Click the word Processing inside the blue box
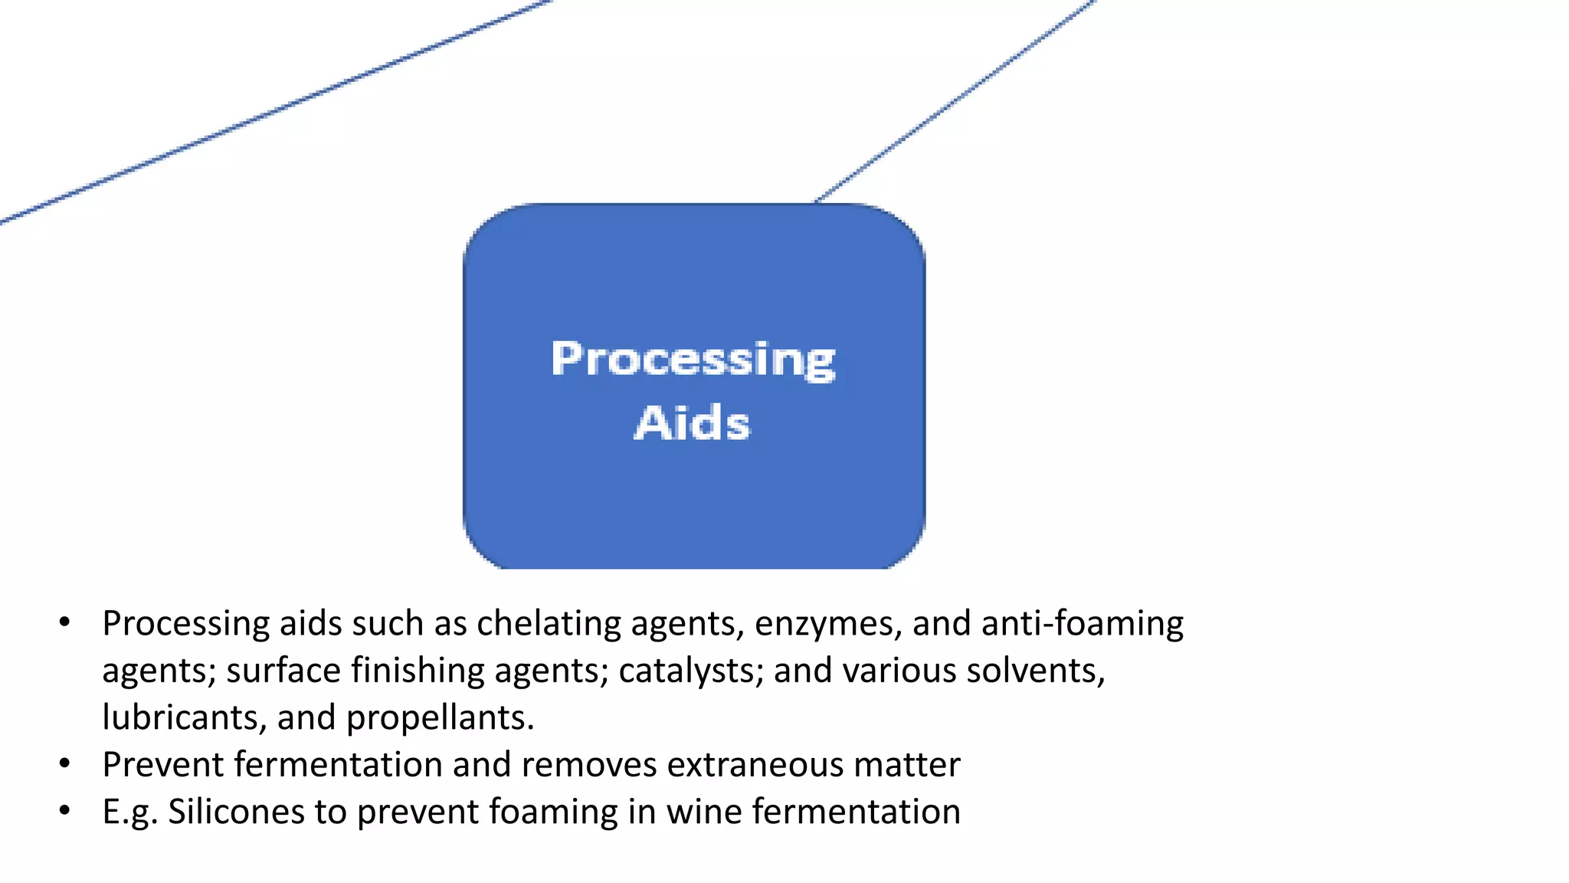coord(693,359)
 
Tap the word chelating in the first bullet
coord(549,623)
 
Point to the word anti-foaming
coord(1082,623)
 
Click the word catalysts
coord(690,671)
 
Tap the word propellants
coord(439,718)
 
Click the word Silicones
coord(236,812)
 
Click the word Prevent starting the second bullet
coord(162,765)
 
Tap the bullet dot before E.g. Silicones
coord(65,811)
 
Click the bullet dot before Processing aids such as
coord(65,622)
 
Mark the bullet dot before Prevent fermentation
coord(65,764)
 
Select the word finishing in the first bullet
coord(418,671)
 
